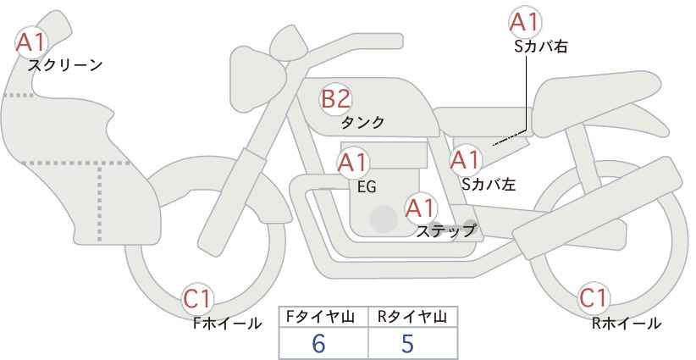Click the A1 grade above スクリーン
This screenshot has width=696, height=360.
click(x=30, y=42)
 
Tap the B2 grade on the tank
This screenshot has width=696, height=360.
click(x=335, y=99)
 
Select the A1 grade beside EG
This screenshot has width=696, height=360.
click(x=353, y=163)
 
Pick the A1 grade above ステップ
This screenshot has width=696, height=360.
click(x=422, y=208)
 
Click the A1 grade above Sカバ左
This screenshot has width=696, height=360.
click(x=466, y=160)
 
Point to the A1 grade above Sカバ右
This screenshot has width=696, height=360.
click(x=525, y=22)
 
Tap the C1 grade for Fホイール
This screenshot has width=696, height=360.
click(x=198, y=299)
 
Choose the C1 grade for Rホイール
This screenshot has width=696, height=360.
click(x=594, y=298)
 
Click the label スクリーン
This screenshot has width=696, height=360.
click(x=65, y=66)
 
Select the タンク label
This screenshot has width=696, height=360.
click(x=362, y=122)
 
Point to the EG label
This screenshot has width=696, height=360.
click(x=367, y=187)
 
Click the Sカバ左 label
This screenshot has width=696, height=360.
click(x=489, y=184)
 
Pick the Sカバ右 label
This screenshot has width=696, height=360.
click(x=541, y=47)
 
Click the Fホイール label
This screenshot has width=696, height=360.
click(x=227, y=324)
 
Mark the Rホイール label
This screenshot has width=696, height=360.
click(x=627, y=324)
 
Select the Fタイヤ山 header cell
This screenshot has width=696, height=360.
click(x=323, y=317)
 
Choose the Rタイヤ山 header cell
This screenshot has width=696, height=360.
click(x=413, y=317)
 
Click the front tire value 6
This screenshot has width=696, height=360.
click(x=318, y=343)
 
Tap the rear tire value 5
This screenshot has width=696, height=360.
click(x=407, y=343)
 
